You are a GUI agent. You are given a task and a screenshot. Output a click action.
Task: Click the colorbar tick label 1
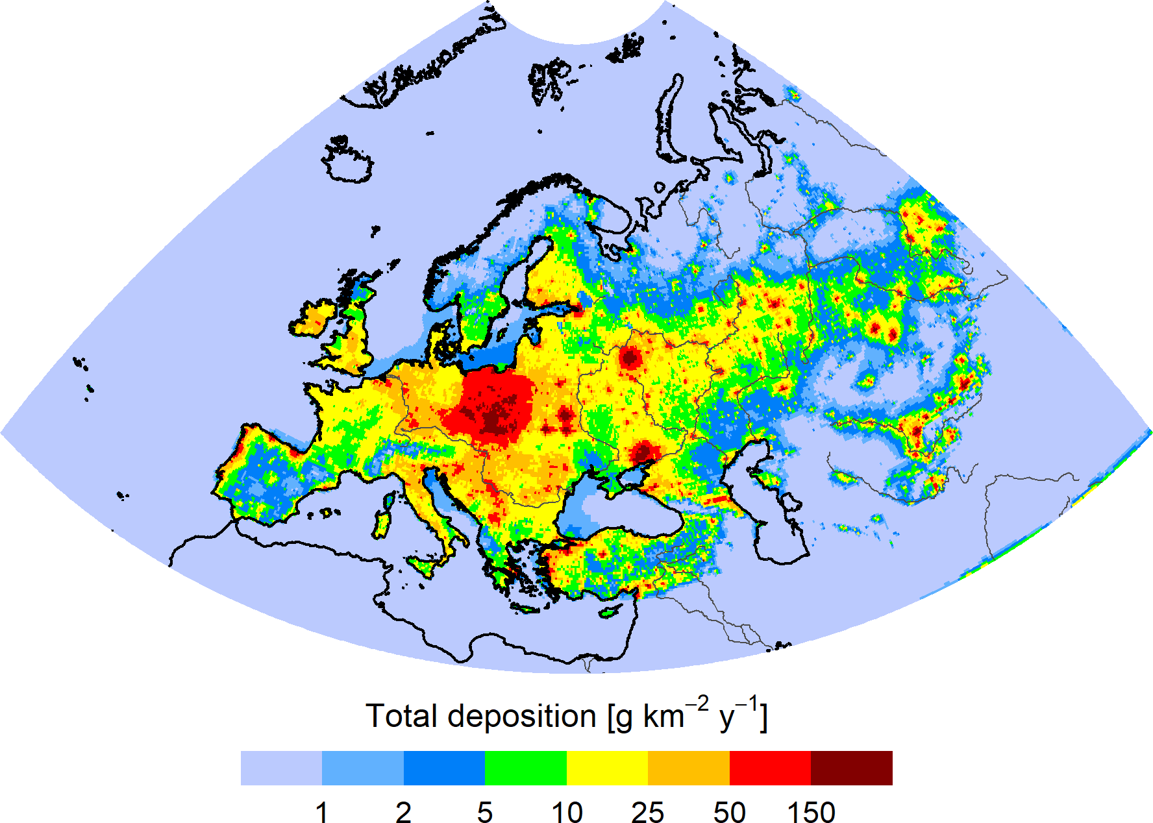click(321, 812)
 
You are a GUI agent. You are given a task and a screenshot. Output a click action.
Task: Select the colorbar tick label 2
click(403, 812)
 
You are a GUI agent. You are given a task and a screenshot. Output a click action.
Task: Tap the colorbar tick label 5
click(485, 812)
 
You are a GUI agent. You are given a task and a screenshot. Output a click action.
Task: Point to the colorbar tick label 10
click(567, 812)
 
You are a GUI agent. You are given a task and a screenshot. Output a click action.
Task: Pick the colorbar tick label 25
click(647, 812)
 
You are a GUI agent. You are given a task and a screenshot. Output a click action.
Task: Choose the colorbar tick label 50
click(729, 812)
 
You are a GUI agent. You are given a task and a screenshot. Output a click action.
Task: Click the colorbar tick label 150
click(811, 812)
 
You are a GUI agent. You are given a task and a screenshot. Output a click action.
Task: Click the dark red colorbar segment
click(851, 768)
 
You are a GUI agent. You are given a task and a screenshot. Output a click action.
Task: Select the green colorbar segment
click(526, 768)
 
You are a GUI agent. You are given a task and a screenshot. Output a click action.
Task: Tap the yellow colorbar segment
click(607, 768)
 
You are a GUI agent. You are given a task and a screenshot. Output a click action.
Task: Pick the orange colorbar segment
click(689, 768)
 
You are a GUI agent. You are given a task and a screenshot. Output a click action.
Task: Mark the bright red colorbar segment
click(770, 768)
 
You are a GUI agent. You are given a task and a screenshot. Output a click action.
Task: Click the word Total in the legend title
click(401, 716)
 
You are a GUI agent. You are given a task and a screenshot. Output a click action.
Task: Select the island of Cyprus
click(608, 611)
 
